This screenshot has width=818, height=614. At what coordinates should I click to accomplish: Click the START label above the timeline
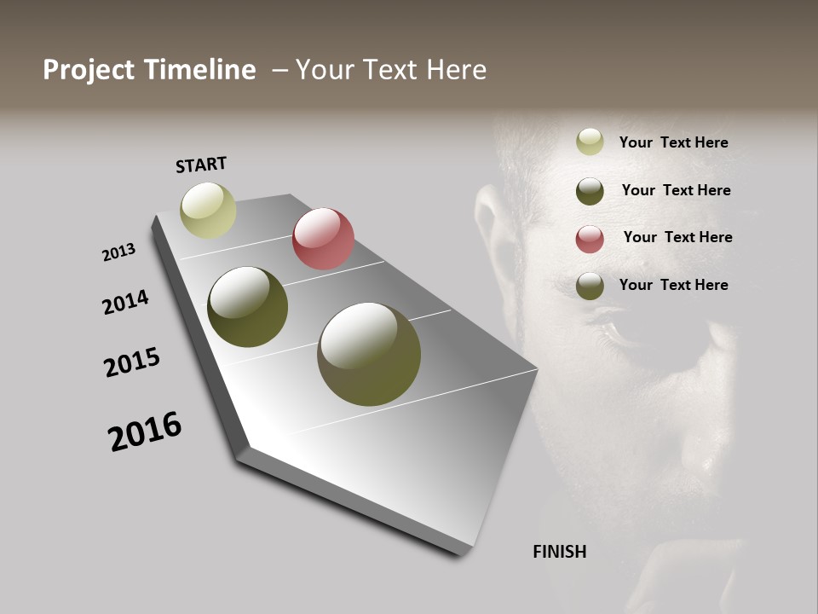tap(201, 165)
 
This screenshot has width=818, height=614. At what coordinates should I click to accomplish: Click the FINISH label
tap(560, 552)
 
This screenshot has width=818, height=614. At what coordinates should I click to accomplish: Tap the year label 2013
tap(119, 252)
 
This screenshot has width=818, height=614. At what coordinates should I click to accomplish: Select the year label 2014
tap(126, 303)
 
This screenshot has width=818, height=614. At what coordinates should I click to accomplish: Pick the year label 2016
tap(145, 432)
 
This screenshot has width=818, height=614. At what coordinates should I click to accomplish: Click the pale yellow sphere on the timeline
tap(208, 210)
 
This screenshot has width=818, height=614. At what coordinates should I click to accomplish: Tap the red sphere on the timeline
tap(323, 239)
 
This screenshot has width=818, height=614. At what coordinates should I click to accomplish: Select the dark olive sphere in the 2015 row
tap(247, 307)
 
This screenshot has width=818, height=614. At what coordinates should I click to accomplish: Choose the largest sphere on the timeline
tap(369, 354)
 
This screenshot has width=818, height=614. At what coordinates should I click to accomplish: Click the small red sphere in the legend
tap(590, 239)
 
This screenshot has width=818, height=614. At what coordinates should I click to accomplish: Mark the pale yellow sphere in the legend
tap(590, 142)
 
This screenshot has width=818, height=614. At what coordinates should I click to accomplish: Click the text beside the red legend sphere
tap(677, 237)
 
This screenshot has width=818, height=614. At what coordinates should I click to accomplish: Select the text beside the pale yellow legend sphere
tap(673, 142)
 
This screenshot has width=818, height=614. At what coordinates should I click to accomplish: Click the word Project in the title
tap(89, 70)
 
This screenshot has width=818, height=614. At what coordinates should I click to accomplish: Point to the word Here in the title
tap(457, 70)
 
